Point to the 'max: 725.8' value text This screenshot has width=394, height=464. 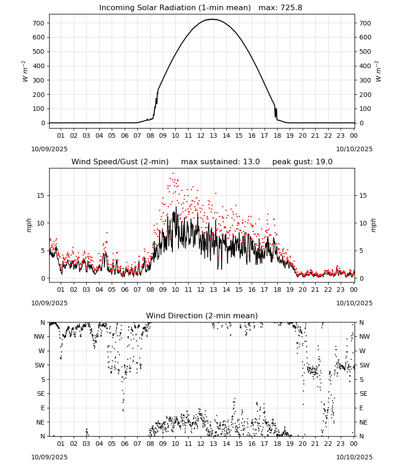click(280, 8)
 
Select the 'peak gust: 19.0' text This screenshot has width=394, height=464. click(302, 162)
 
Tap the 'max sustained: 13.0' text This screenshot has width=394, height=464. click(221, 162)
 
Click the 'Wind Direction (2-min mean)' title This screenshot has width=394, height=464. click(202, 316)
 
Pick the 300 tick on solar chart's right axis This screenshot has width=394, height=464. click(365, 80)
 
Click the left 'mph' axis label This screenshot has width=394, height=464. click(29, 225)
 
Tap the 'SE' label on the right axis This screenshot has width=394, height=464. click(363, 393)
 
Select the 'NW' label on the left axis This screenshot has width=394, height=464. click(40, 336)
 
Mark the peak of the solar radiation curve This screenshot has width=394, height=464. click(212, 19)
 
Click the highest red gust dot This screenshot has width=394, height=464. click(173, 174)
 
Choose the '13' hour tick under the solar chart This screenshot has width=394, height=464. click(213, 135)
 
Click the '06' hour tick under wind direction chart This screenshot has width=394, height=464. click(125, 444)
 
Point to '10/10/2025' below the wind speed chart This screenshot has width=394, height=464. click(355, 303)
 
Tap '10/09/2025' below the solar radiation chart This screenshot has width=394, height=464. click(49, 149)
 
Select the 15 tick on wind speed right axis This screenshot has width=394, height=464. click(363, 195)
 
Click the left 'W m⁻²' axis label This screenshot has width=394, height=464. click(25, 71)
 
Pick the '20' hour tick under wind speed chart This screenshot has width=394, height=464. click(302, 290)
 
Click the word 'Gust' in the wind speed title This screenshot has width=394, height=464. click(130, 162)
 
